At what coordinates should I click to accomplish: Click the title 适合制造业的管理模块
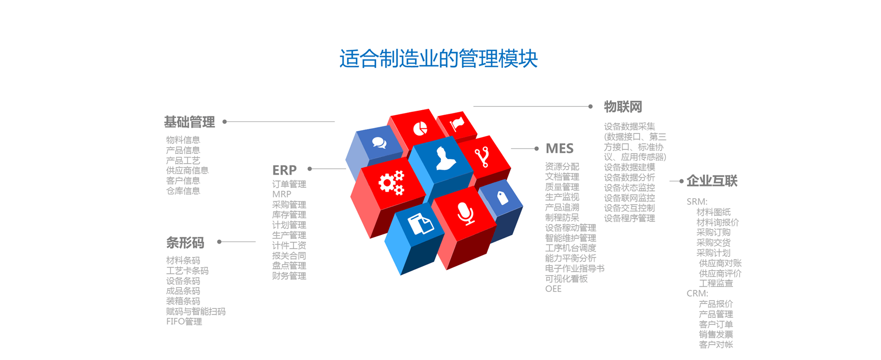click(x=438, y=59)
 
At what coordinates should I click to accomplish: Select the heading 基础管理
click(x=190, y=122)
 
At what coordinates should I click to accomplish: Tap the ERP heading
click(x=284, y=170)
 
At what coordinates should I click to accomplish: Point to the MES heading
click(x=559, y=149)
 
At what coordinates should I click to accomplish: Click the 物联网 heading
click(x=623, y=107)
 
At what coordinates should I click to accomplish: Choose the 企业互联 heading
click(x=712, y=181)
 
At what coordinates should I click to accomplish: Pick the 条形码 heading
click(x=185, y=243)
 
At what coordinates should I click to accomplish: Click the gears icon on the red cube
click(x=391, y=183)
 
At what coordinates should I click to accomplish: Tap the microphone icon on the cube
click(x=466, y=213)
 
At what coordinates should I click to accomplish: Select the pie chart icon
click(x=420, y=129)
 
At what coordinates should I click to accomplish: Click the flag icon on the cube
click(x=457, y=123)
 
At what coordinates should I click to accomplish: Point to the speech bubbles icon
click(x=379, y=143)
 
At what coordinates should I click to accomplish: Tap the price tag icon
click(x=502, y=197)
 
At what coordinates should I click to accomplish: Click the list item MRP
click(x=282, y=194)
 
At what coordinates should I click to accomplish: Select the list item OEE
click(x=553, y=288)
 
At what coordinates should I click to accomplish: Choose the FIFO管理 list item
click(x=184, y=321)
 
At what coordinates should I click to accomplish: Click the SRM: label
click(x=697, y=202)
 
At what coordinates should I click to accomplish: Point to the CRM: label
click(x=697, y=294)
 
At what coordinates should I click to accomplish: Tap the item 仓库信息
click(x=183, y=191)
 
